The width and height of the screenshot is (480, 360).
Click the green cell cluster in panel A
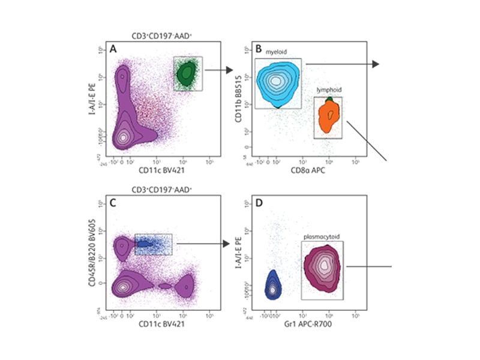[x=188, y=73]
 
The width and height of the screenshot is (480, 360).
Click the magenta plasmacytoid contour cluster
[x=324, y=267]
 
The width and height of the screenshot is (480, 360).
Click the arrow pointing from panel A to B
[x=218, y=71]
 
